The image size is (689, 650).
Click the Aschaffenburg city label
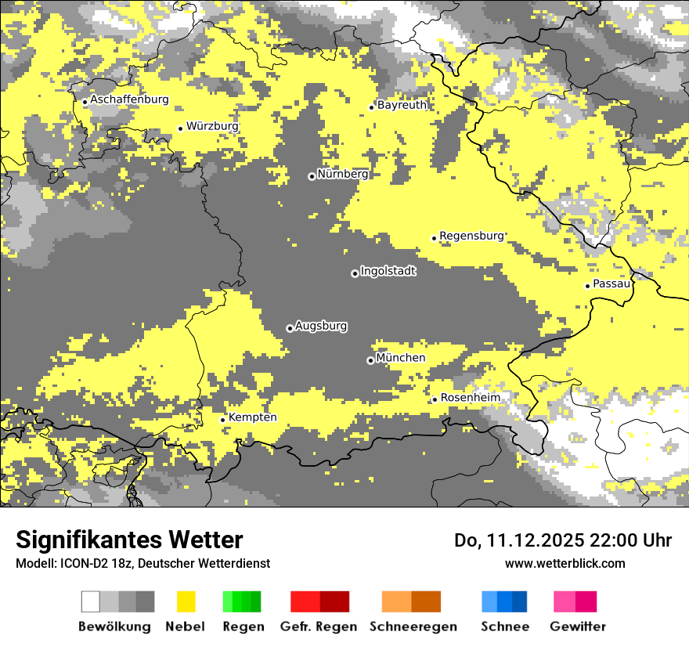pyautogui.click(x=129, y=99)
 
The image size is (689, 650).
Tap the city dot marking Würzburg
pyautogui.click(x=180, y=128)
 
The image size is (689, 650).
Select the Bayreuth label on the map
pyautogui.click(x=402, y=105)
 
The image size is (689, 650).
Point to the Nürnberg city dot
pyautogui.click(x=312, y=176)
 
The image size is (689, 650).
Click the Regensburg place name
pyautogui.click(x=471, y=236)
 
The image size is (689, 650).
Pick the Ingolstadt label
pyautogui.click(x=388, y=271)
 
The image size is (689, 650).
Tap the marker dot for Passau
pyautogui.click(x=587, y=286)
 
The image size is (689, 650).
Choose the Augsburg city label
pyautogui.click(x=321, y=326)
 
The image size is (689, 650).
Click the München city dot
pyautogui.click(x=370, y=360)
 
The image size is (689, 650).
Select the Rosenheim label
pyautogui.click(x=470, y=398)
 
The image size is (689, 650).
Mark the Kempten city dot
pyautogui.click(x=222, y=420)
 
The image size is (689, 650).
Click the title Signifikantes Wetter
pyautogui.click(x=129, y=540)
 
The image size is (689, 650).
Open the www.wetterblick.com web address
pyautogui.click(x=565, y=563)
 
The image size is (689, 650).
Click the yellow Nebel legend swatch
pyautogui.click(x=186, y=601)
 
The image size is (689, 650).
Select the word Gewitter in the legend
pyautogui.click(x=577, y=627)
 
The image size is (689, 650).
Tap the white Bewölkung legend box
pyautogui.click(x=91, y=601)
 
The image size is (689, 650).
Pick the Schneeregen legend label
pyautogui.click(x=413, y=627)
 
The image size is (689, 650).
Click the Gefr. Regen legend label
pyautogui.click(x=318, y=627)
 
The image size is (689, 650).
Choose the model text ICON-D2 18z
pyautogui.click(x=92, y=563)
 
